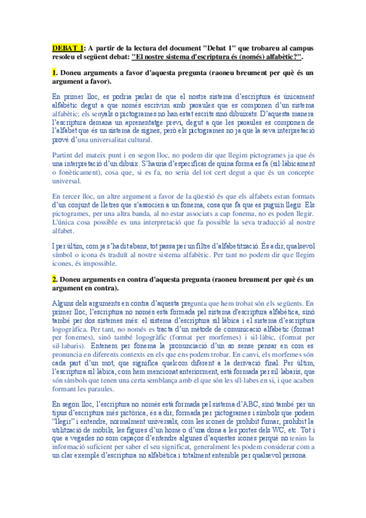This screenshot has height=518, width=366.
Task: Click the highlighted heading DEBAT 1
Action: tap(67, 46)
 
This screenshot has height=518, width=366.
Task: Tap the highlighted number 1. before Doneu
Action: tap(55, 73)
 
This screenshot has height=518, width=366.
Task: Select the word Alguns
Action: tap(64, 302)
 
